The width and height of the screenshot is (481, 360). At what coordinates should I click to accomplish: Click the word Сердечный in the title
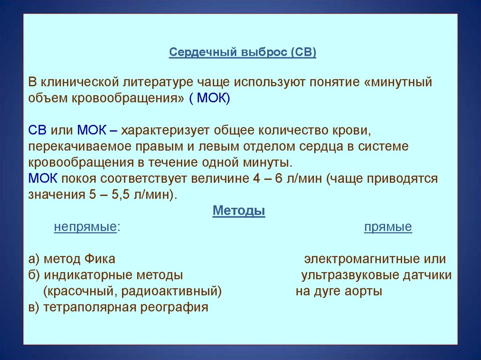coord(203,53)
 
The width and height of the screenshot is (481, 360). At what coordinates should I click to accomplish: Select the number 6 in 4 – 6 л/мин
coord(279,178)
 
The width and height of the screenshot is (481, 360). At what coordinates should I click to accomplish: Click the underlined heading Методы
coord(239,211)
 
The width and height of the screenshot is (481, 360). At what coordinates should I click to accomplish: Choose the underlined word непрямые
coord(85,227)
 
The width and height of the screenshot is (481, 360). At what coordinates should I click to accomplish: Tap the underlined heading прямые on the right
coord(388,227)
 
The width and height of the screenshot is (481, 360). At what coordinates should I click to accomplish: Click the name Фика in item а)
coord(100,259)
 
